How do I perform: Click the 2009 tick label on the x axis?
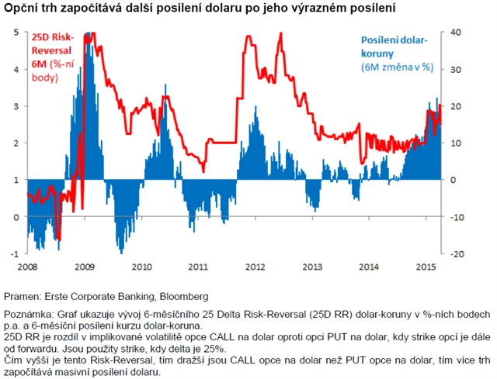(85, 267)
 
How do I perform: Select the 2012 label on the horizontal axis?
(255, 267)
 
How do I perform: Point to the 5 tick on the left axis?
(17, 31)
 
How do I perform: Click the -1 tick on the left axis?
(16, 254)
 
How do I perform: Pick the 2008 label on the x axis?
(27, 267)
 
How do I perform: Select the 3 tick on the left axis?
(17, 105)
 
